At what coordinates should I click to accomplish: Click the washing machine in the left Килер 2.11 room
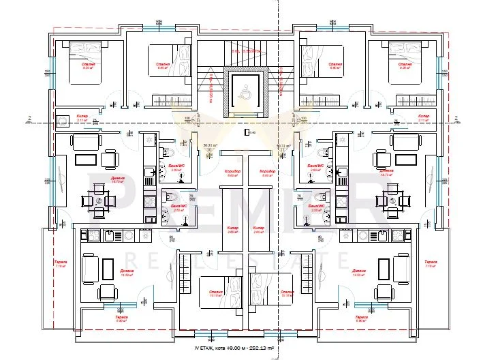63,121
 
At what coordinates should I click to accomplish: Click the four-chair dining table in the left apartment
95,201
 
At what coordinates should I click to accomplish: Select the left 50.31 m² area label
211,145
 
